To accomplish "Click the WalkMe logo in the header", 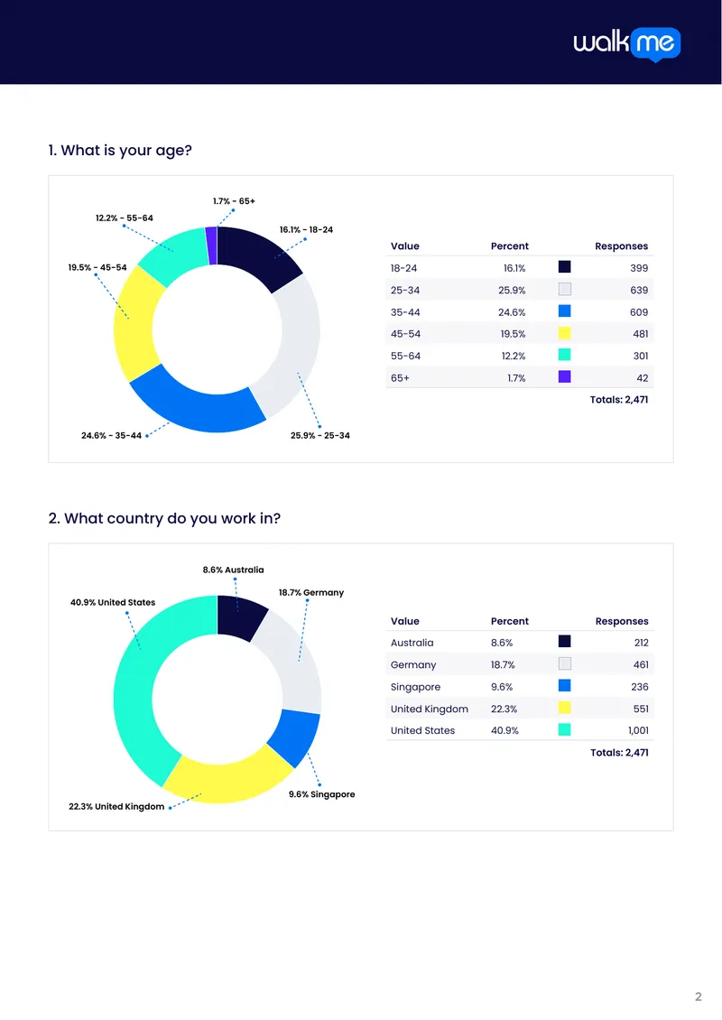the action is pyautogui.click(x=627, y=44).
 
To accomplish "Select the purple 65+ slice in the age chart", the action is pyautogui.click(x=211, y=246).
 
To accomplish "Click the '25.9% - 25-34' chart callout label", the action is pyautogui.click(x=320, y=436).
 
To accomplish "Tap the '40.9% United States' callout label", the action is pyautogui.click(x=113, y=602).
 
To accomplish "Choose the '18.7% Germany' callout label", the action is pyautogui.click(x=311, y=593).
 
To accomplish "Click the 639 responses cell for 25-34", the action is pyautogui.click(x=639, y=290).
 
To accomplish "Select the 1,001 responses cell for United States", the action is pyautogui.click(x=638, y=730).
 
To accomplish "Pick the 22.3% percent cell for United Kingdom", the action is pyautogui.click(x=504, y=709).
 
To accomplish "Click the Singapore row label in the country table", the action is pyautogui.click(x=416, y=687).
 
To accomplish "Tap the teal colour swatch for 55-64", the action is pyautogui.click(x=565, y=355).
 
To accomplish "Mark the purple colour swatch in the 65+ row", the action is pyautogui.click(x=565, y=376).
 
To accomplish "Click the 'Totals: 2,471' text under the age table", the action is pyautogui.click(x=619, y=399).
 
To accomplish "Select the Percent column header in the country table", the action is pyautogui.click(x=510, y=621).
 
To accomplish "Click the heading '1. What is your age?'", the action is pyautogui.click(x=120, y=151).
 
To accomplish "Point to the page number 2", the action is pyautogui.click(x=699, y=997).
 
